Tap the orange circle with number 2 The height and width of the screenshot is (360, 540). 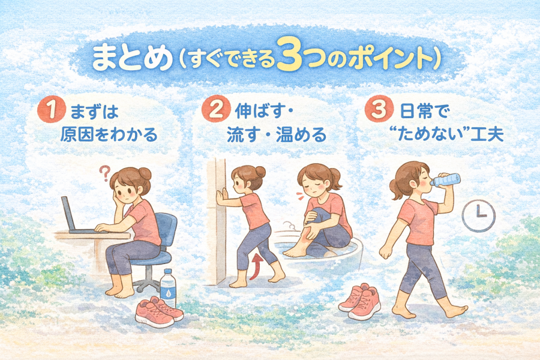215,110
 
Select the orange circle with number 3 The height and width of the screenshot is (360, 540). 379,110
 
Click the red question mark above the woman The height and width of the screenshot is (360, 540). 104,173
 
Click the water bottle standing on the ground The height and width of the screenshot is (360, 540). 168,287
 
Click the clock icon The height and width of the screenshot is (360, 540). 478,216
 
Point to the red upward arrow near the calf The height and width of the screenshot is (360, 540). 255,266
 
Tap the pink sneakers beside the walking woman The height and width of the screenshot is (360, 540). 359,302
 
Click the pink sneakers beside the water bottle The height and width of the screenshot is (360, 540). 159,313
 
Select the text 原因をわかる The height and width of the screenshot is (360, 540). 109,134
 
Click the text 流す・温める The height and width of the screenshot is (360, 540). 277,134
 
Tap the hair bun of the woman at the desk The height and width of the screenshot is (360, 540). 145,173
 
